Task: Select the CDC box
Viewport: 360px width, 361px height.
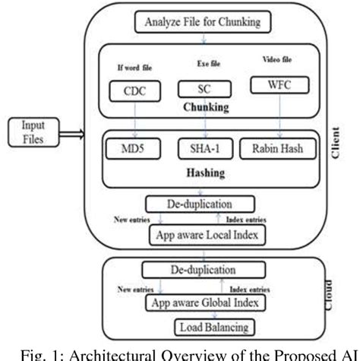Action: [137, 91]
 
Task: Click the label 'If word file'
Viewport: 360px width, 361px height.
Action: [137, 66]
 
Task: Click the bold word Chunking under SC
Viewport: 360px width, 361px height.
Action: [205, 107]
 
